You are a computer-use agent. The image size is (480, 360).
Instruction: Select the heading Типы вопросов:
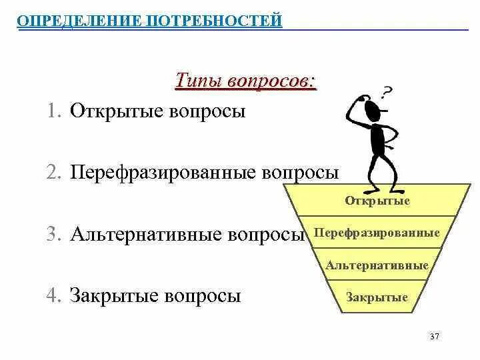(245, 81)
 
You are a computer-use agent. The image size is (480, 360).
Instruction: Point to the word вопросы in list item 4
(204, 296)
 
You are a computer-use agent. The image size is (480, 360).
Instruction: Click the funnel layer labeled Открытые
(377, 201)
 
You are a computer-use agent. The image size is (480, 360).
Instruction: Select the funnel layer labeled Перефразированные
(377, 233)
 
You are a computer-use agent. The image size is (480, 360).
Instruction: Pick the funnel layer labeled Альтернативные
(377, 265)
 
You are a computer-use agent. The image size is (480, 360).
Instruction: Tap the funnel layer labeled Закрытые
(377, 297)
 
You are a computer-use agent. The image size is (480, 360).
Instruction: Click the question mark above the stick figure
(387, 91)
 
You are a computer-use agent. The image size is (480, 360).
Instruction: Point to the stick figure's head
(374, 107)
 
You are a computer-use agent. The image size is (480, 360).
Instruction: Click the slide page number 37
(435, 337)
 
